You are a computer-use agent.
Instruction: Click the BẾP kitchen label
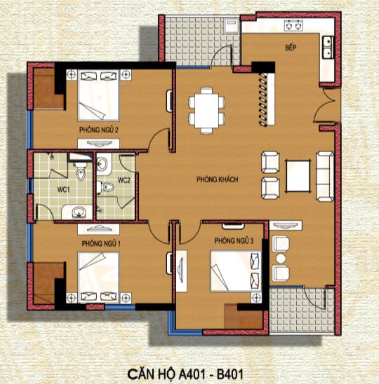[291, 47]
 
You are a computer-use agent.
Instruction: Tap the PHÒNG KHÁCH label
[218, 179]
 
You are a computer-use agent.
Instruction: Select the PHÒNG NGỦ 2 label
[99, 130]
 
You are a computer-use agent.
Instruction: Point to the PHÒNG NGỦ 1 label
[101, 244]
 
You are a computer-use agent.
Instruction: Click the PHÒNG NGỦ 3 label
[234, 241]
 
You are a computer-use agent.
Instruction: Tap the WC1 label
[64, 189]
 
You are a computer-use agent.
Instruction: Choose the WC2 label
[124, 180]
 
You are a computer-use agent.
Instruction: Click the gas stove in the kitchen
[293, 25]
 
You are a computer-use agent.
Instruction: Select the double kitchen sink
[328, 47]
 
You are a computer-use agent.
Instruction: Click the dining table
[206, 110]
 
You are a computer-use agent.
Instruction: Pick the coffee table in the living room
[298, 176]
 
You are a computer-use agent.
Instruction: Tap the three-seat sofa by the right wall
[325, 177]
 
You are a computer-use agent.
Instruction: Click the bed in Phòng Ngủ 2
[99, 95]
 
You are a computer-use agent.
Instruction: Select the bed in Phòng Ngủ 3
[236, 271]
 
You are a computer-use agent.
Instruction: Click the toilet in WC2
[105, 187]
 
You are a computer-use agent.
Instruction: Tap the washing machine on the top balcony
[232, 26]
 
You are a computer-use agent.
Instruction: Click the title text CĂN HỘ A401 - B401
[185, 374]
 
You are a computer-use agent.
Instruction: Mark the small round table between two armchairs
[281, 259]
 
